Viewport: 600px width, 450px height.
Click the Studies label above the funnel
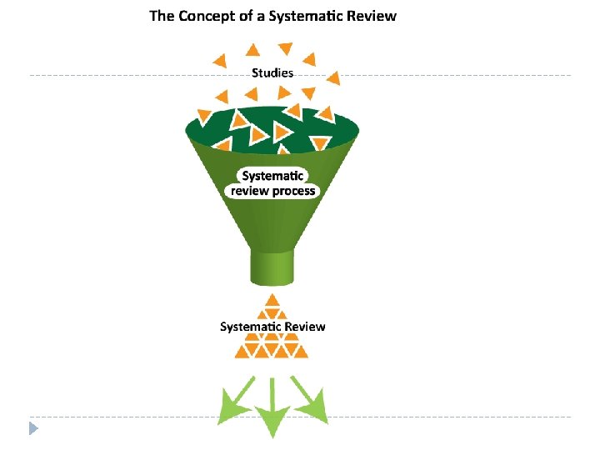[272, 72]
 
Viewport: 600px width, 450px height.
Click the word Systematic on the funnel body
[272, 176]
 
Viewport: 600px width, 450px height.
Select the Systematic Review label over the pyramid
[272, 327]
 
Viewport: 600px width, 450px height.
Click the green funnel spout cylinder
[272, 267]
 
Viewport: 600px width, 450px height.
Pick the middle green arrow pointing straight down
[272, 407]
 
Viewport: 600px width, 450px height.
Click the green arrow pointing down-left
[234, 401]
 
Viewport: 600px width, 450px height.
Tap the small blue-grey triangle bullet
[33, 428]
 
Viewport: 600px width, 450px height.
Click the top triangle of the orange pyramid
[272, 300]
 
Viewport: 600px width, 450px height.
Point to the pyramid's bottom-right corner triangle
[300, 352]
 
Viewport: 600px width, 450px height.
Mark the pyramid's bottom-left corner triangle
[242, 352]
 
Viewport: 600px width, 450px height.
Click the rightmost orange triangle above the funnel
[334, 78]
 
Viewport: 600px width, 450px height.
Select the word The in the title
[162, 16]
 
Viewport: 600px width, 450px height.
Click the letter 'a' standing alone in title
[261, 17]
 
